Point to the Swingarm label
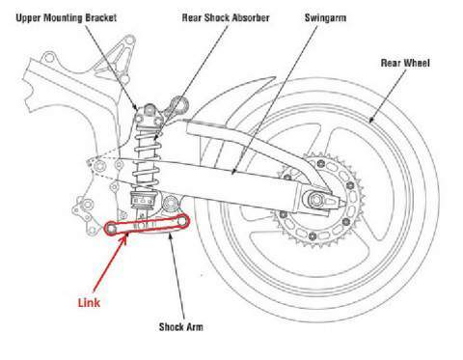327,16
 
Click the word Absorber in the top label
249,16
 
